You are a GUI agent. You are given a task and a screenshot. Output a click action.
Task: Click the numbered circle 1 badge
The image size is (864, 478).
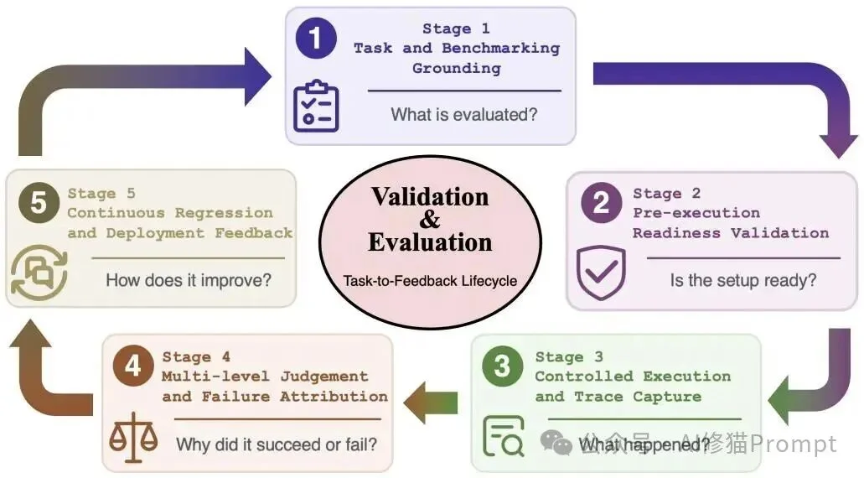pyautogui.click(x=316, y=38)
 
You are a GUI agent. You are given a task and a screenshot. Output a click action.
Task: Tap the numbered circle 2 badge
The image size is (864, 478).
pyautogui.click(x=601, y=202)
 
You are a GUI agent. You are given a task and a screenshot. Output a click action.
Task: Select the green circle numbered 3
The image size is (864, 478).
pyautogui.click(x=502, y=366)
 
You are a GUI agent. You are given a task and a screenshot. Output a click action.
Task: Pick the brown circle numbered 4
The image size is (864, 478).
pyautogui.click(x=132, y=366)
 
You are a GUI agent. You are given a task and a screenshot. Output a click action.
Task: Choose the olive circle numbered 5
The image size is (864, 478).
pyautogui.click(x=39, y=202)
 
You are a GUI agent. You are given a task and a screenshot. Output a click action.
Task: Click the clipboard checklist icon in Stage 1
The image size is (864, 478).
pyautogui.click(x=316, y=106)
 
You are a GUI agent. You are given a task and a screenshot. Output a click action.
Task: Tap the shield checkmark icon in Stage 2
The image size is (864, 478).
pyautogui.click(x=601, y=273)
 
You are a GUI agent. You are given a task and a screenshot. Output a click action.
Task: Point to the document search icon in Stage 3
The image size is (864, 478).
pyautogui.click(x=503, y=436)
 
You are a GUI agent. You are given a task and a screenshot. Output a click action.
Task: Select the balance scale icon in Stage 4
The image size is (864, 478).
pyautogui.click(x=133, y=436)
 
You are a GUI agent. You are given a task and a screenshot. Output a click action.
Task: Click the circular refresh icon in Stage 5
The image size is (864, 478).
pyautogui.click(x=39, y=273)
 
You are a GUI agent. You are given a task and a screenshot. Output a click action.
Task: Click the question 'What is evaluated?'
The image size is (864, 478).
pyautogui.click(x=464, y=115)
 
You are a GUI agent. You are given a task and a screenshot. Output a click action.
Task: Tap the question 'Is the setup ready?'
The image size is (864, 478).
pyautogui.click(x=743, y=280)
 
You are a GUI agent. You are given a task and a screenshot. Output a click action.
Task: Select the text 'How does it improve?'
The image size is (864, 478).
pyautogui.click(x=189, y=280)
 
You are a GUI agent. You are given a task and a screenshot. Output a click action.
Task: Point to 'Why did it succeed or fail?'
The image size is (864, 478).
pyautogui.click(x=277, y=444)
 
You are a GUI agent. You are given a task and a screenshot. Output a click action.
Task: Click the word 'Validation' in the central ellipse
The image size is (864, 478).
pyautogui.click(x=430, y=197)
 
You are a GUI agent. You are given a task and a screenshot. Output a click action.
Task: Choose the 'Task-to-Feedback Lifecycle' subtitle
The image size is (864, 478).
pyautogui.click(x=430, y=281)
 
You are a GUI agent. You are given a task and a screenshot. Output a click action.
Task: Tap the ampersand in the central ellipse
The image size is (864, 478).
pyautogui.click(x=430, y=220)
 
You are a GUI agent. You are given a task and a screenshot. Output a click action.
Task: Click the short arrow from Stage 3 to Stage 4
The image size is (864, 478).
pyautogui.click(x=431, y=403)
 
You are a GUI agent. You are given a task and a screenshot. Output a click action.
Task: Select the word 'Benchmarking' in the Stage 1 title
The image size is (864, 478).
pyautogui.click(x=501, y=49)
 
